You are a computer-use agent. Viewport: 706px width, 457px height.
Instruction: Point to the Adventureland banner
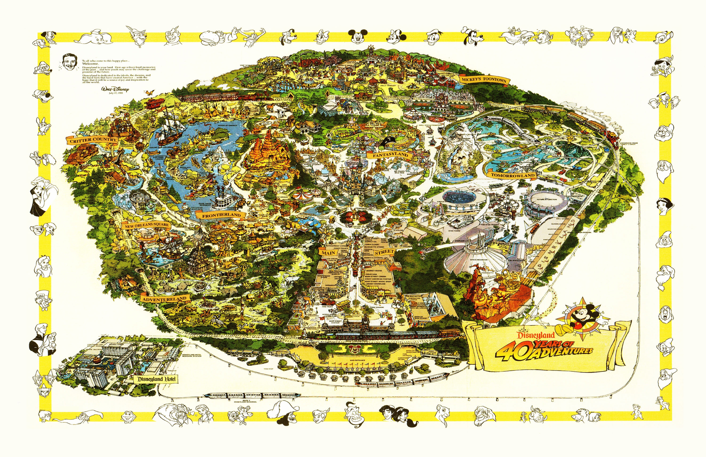[164, 299]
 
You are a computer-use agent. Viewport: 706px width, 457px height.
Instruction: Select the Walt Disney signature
[115, 89]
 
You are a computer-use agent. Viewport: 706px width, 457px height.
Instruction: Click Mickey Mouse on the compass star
[580, 319]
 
